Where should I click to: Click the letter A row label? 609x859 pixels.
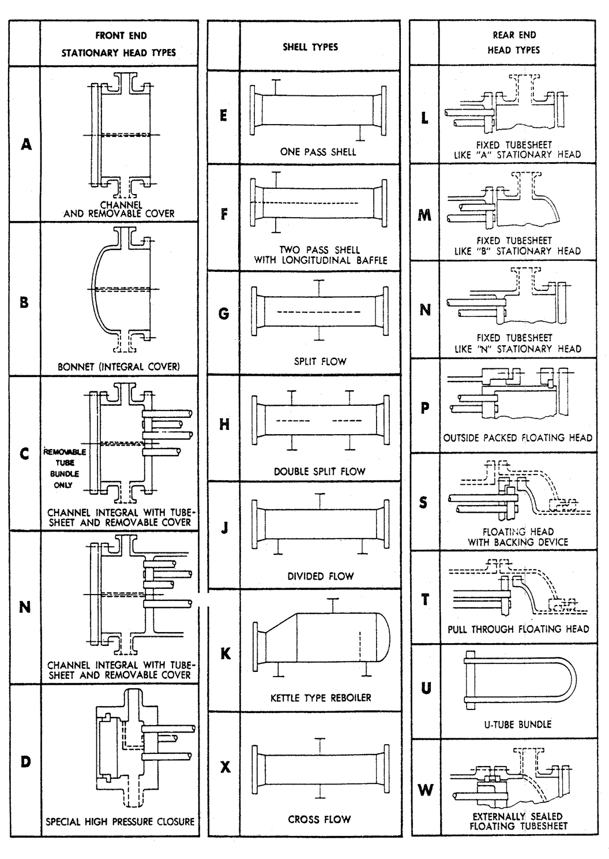coord(26,144)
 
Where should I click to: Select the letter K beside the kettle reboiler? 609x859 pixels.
coord(225,653)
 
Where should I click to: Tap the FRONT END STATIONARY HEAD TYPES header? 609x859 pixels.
coord(119,44)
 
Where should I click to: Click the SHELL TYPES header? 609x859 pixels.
coord(310,47)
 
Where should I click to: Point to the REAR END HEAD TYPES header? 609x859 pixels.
coord(514,42)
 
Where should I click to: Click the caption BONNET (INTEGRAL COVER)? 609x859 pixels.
coord(119,366)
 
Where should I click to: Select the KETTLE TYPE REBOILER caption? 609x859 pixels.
coord(321,698)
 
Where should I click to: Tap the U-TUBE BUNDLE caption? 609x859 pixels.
coord(517,724)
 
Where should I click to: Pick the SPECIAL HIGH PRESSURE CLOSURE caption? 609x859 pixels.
coord(120,821)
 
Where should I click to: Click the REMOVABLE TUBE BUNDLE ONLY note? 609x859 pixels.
coord(64,468)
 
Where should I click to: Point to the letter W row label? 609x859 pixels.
coord(426,789)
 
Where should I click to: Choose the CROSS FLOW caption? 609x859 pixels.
coord(319,819)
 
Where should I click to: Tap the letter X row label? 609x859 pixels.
coord(225,767)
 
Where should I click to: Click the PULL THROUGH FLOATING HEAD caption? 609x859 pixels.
coord(518,629)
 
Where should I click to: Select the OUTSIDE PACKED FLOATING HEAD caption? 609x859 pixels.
coord(517,438)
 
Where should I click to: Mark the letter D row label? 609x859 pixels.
coord(25,761)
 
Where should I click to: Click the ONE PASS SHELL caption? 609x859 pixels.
coord(318,152)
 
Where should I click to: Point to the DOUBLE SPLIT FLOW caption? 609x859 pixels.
coord(319,471)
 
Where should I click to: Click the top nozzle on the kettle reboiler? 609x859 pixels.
coord(333,605)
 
